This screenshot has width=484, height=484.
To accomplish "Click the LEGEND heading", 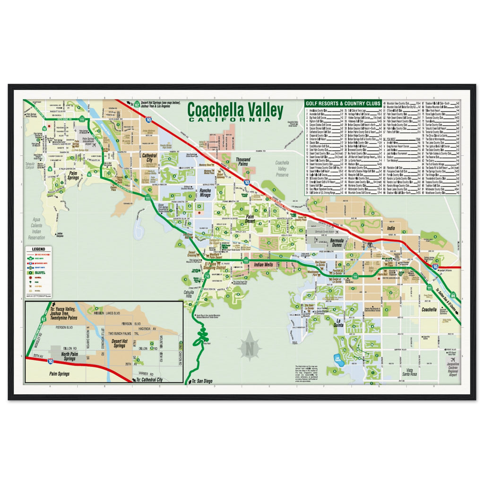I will click(x=38, y=249).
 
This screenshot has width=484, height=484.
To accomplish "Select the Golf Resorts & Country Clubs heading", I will click(x=343, y=103).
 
